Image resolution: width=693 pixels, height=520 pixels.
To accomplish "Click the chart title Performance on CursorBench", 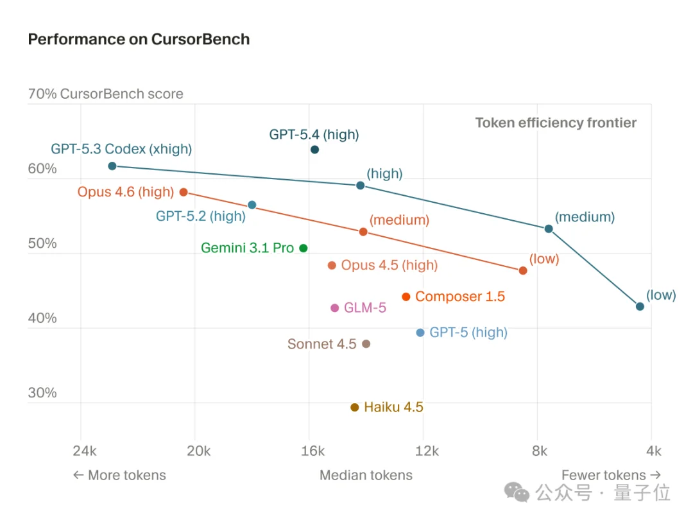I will pos(139,39).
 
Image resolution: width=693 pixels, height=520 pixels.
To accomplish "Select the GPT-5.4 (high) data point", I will pos(314,150).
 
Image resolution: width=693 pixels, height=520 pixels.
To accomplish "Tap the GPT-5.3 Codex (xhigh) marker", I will pos(112,166).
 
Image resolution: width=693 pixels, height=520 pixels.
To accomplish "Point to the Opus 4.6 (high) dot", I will pos(184,192).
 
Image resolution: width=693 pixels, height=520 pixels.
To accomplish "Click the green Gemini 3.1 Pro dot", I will pos(304,248).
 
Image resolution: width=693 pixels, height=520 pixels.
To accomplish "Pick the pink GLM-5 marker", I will pos(334,308).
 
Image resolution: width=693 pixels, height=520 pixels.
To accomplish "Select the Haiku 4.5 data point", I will pos(355,408).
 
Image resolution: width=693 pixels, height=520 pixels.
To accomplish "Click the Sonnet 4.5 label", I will pos(321,344).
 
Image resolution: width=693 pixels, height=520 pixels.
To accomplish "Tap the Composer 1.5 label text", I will pos(459,297).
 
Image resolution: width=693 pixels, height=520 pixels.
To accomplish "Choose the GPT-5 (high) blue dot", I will pos(420,333).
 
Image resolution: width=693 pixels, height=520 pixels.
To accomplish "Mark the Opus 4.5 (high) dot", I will pos(332,265).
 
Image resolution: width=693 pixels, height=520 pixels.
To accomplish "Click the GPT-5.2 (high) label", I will pos(200,216).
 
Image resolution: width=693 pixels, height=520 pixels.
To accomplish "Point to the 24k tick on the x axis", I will pos(85,451).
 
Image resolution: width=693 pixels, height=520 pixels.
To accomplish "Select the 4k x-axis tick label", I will pos(653,451).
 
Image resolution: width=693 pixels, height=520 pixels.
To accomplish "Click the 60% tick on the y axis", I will pos(42,169).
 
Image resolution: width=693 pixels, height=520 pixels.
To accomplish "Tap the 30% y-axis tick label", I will pos(42,393).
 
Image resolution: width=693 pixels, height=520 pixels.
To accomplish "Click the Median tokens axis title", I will pos(366,475).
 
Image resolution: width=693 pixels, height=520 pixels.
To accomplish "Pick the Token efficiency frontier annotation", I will pos(556,123).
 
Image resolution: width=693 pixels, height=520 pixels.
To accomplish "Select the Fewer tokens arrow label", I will pos(611,475).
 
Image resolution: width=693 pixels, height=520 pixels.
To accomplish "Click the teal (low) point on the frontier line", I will pos(640,306).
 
